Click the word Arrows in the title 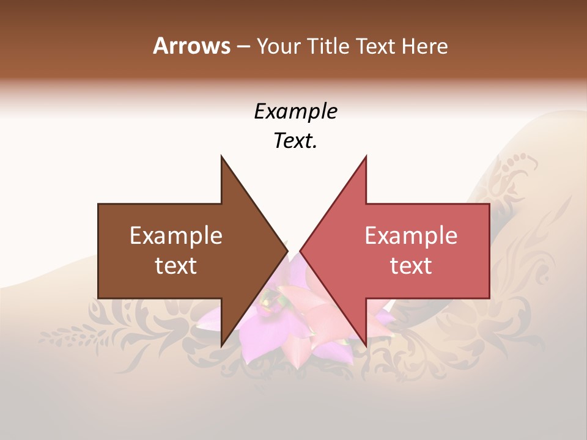pyautogui.click(x=191, y=46)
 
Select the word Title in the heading pyautogui.click(x=328, y=46)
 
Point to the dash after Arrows pyautogui.click(x=243, y=46)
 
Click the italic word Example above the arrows pyautogui.click(x=295, y=112)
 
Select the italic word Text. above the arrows pyautogui.click(x=295, y=141)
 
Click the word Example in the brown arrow pyautogui.click(x=176, y=236)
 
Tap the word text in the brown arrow pyautogui.click(x=176, y=266)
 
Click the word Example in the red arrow pyautogui.click(x=411, y=236)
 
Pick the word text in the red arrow pyautogui.click(x=411, y=266)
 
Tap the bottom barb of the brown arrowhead pyautogui.click(x=222, y=343)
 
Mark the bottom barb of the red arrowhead pyautogui.click(x=365, y=343)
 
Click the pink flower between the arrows pyautogui.click(x=293, y=324)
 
